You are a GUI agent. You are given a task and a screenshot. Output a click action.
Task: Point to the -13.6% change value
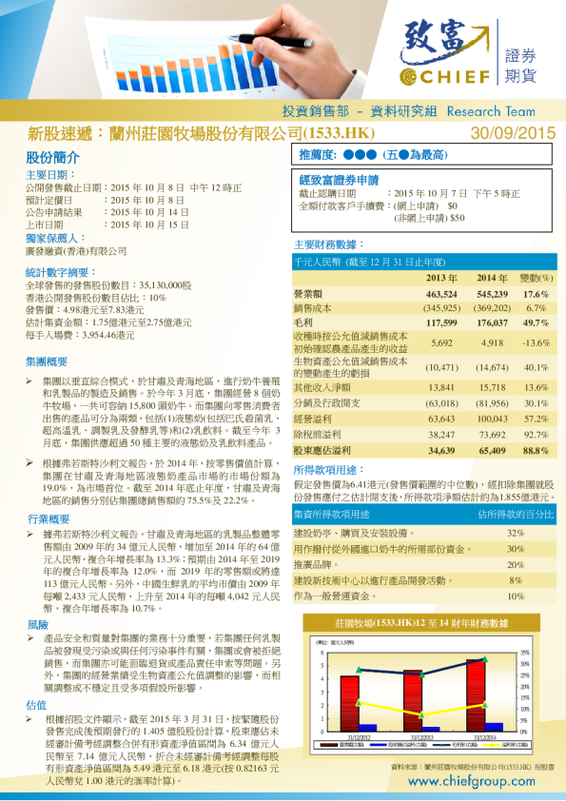coord(537,342)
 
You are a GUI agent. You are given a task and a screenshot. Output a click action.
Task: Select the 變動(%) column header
coord(536,278)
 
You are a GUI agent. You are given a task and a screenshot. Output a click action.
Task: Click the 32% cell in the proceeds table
coord(516,533)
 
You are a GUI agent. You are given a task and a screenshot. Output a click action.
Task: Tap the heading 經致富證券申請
coord(339,179)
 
